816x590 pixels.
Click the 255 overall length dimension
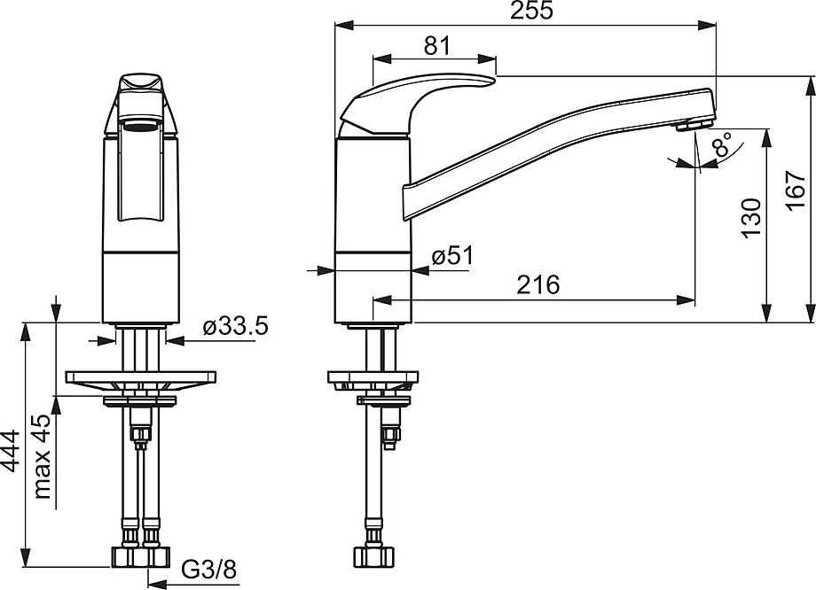click(530, 11)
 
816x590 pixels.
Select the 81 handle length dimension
click(436, 46)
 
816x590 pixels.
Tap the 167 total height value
click(796, 190)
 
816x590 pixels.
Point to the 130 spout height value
click(751, 217)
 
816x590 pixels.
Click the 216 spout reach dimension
click(538, 285)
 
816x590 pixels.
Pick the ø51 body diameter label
click(452, 256)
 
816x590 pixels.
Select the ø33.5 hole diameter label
click(235, 327)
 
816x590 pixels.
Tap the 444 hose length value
click(10, 451)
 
